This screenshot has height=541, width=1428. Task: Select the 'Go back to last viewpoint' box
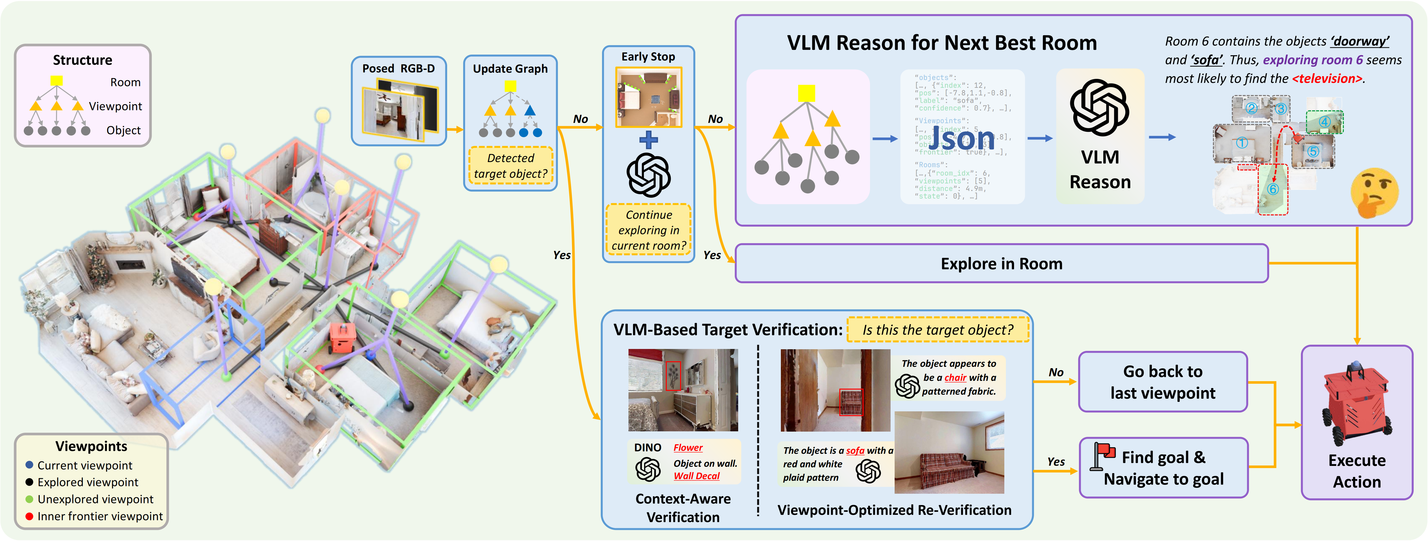(1162, 382)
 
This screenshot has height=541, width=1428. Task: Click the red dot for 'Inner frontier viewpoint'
(29, 516)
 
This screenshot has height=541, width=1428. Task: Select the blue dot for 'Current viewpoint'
(29, 465)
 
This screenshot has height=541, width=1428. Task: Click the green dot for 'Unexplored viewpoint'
(29, 499)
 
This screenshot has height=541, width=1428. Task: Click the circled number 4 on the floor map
(1324, 121)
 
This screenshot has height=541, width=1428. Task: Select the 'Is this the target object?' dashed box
(937, 330)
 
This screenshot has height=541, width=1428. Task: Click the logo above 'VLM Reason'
(1099, 108)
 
